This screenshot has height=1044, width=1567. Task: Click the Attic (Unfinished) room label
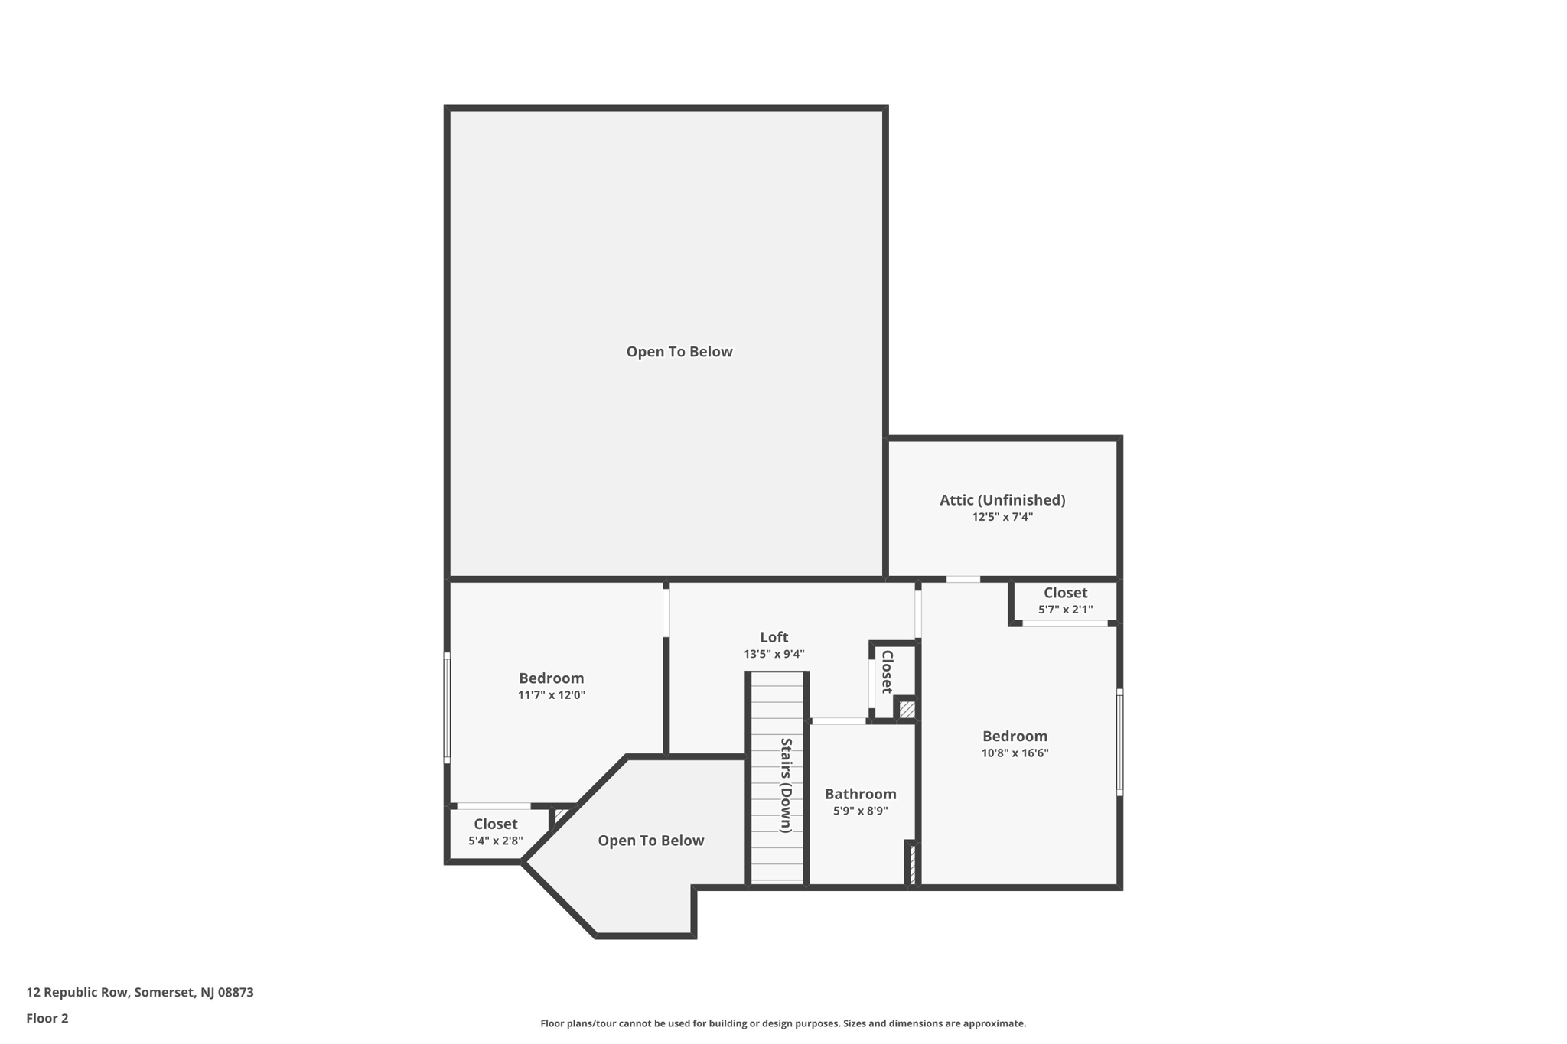tap(1002, 500)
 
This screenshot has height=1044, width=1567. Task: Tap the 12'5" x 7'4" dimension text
tap(1002, 517)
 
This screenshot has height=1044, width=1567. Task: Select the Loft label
tap(774, 637)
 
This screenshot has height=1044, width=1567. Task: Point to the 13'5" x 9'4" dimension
tap(774, 654)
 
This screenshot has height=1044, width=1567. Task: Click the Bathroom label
tap(860, 794)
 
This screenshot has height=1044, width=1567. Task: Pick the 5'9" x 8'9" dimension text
tap(860, 811)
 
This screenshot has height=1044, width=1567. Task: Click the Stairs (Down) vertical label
tap(786, 785)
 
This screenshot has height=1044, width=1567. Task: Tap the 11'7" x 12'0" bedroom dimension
tap(551, 695)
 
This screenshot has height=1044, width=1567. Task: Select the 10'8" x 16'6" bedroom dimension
tap(1015, 753)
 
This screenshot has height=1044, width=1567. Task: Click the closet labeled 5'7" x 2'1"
tap(1065, 600)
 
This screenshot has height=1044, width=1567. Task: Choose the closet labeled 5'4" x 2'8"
tap(496, 831)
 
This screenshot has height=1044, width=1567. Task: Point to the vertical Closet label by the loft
tap(888, 672)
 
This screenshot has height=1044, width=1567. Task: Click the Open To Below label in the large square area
tap(679, 352)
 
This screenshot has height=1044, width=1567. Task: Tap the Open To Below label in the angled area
tap(650, 841)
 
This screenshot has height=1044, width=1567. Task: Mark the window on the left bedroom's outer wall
tap(447, 707)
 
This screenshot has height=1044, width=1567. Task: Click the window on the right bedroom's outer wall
tap(1119, 742)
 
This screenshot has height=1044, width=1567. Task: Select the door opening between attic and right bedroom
tap(963, 579)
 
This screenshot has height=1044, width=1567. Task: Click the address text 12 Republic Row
tap(140, 992)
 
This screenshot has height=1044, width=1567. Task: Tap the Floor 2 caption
tap(47, 1018)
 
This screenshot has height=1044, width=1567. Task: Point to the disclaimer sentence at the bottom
tap(783, 1023)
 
